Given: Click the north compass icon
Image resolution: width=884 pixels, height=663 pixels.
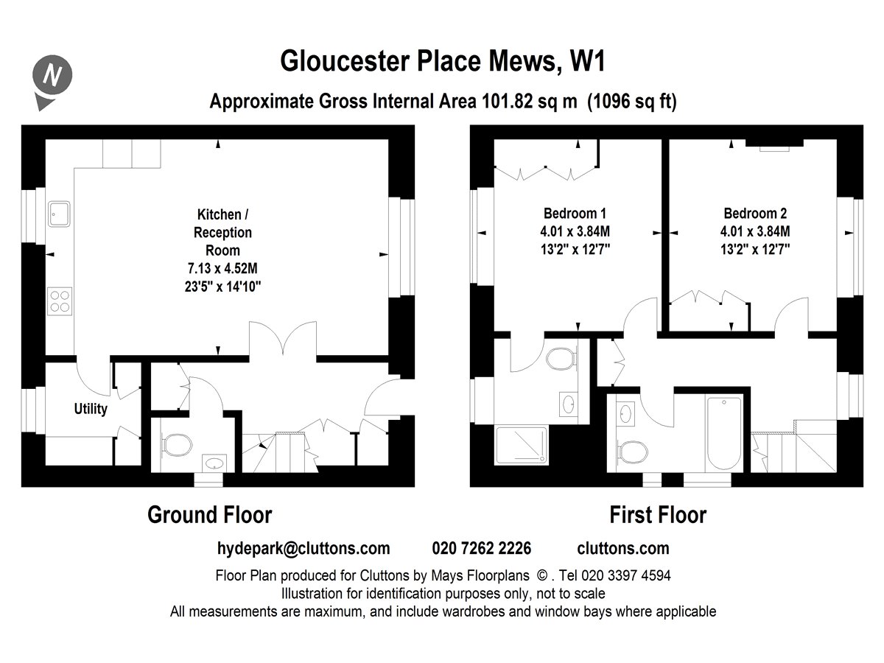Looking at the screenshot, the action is [52, 82].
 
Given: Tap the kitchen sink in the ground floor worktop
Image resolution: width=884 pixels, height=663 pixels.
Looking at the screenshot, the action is [59, 214].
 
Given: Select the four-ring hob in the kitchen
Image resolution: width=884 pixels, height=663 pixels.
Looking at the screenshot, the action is [60, 301].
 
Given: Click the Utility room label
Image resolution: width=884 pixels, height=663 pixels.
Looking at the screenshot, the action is [91, 409].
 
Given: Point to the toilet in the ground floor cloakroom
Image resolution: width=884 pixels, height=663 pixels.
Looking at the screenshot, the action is [176, 445].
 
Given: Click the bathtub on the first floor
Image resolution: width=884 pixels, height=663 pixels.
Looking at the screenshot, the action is [724, 433].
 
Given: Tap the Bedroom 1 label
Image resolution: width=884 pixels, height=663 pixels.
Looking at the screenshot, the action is [575, 213].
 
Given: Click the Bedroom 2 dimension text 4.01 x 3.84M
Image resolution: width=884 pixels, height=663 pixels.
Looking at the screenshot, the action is [755, 231].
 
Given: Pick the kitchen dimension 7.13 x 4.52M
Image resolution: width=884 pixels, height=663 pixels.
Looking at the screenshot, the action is [222, 268].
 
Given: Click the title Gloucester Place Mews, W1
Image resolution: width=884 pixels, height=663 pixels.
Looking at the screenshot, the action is [443, 61].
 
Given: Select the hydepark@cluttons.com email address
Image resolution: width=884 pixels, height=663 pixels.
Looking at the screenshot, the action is [304, 549].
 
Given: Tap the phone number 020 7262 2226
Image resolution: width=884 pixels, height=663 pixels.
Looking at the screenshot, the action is [482, 548].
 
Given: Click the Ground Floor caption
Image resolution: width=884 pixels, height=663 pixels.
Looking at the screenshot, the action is [210, 515].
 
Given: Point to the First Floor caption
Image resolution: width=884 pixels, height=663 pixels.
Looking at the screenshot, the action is [658, 515].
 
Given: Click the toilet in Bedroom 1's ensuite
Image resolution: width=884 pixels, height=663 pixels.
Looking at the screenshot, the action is [561, 359].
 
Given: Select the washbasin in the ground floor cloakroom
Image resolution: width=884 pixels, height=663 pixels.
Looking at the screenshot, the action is [214, 463].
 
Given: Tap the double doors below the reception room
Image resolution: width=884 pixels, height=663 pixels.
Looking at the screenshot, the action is [283, 339].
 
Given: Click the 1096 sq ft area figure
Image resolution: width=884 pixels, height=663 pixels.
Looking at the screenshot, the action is [632, 102].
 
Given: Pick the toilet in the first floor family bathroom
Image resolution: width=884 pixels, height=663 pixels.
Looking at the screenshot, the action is [633, 452].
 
